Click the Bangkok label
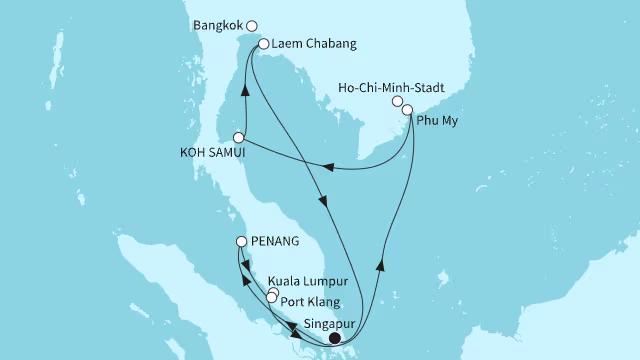(220, 27)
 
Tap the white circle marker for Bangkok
(252, 27)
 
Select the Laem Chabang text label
(309, 44)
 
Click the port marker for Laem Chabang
(263, 44)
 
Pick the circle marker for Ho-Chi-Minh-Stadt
(398, 101)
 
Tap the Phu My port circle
(408, 110)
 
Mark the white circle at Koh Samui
(239, 138)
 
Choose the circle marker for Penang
(241, 242)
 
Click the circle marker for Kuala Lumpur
(274, 292)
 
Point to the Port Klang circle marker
(271, 298)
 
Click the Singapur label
(327, 325)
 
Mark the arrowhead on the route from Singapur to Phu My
(380, 265)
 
